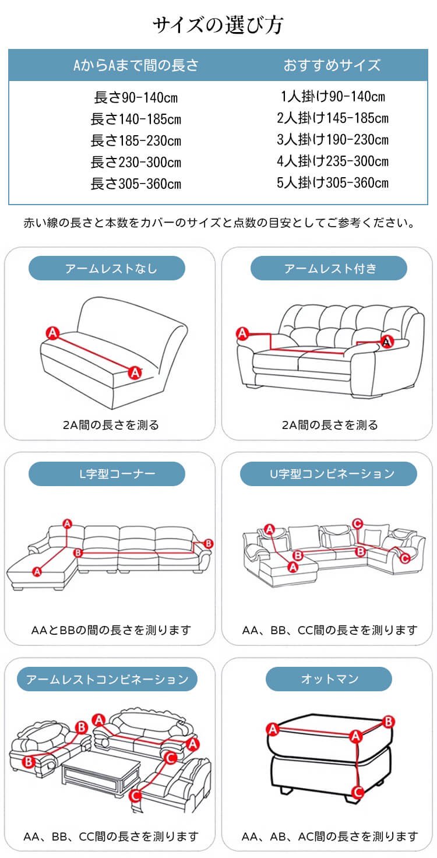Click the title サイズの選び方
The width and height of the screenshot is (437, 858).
218,25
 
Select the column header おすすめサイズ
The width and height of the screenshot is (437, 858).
332,65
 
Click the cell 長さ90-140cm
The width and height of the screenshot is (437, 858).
136,97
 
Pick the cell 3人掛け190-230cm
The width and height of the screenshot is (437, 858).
333,139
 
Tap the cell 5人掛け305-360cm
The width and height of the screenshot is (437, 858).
333,182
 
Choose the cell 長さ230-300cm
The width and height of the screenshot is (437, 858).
136,162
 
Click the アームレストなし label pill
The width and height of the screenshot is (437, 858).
107,268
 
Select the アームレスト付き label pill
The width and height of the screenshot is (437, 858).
329,268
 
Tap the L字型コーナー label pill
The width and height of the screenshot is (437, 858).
107,474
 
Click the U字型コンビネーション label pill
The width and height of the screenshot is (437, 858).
329,474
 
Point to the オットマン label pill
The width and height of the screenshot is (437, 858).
329,679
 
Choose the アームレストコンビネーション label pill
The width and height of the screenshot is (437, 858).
107,679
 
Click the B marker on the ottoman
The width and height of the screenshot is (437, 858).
389,722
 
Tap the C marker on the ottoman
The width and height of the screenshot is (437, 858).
358,792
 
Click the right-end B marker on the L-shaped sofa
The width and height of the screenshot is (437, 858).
209,543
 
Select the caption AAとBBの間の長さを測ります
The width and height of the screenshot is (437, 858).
111,630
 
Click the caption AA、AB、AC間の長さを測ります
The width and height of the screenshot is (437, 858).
329,836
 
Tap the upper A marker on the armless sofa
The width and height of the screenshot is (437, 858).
52,333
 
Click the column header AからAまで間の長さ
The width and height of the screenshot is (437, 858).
136,65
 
